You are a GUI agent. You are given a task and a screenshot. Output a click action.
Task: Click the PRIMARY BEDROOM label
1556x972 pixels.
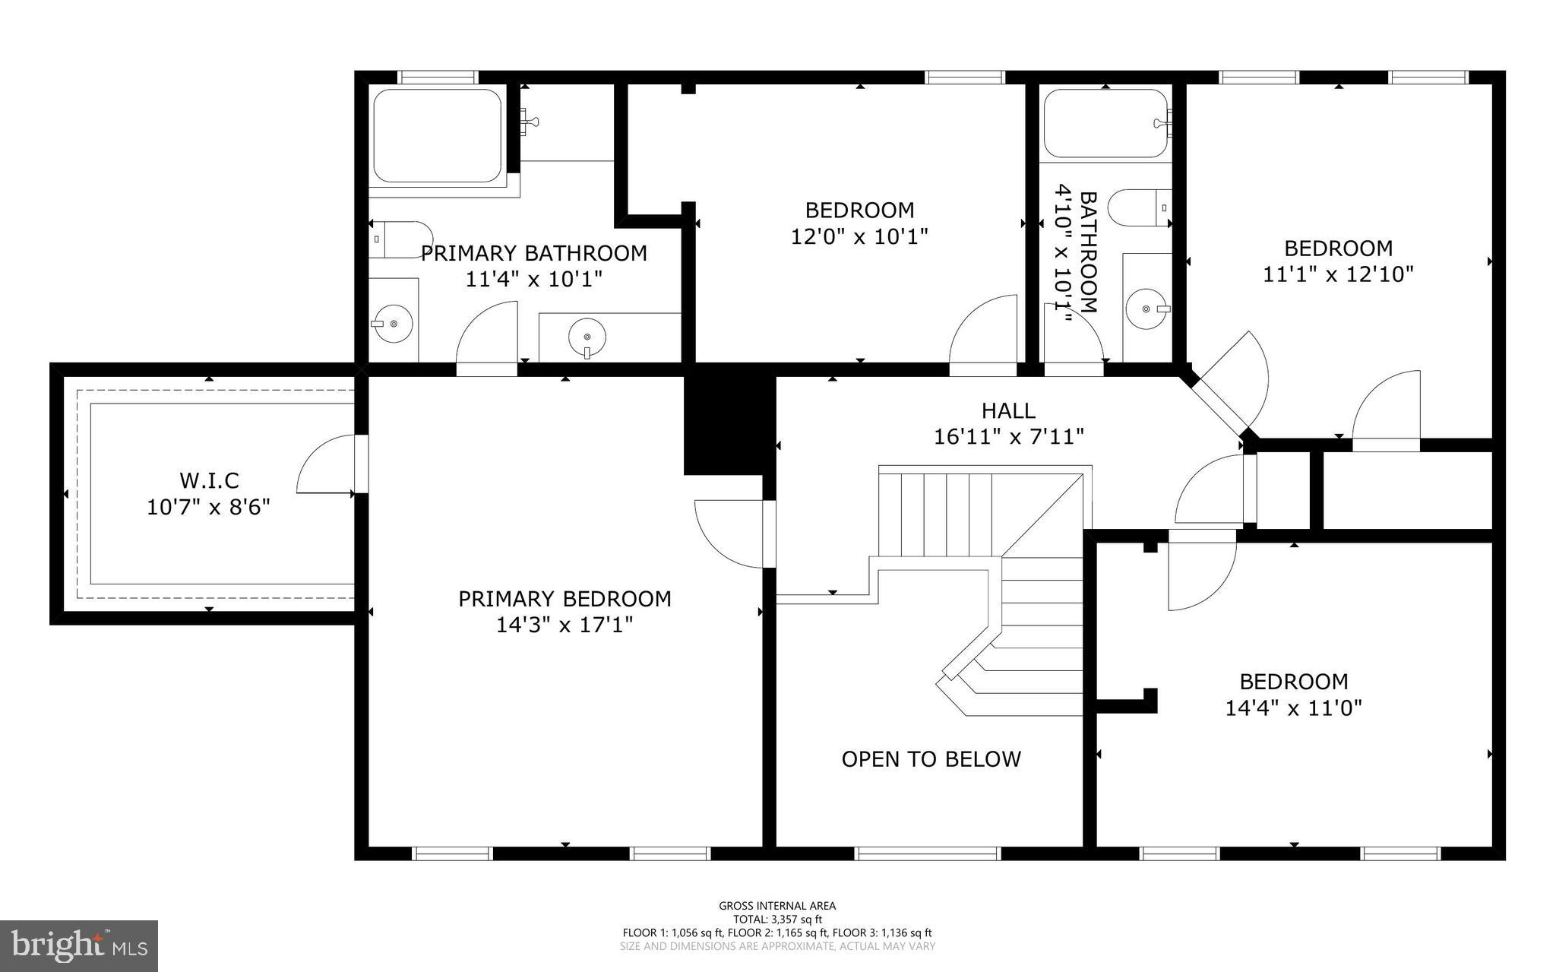click(x=565, y=599)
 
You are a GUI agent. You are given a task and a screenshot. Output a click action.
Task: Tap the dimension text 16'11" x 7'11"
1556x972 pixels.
click(x=1008, y=437)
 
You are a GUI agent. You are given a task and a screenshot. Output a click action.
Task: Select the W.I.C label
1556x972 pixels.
click(x=209, y=480)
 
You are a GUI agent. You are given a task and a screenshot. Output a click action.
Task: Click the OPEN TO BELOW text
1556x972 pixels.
click(x=931, y=759)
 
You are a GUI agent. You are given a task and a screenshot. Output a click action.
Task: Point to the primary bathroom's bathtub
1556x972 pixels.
click(x=438, y=135)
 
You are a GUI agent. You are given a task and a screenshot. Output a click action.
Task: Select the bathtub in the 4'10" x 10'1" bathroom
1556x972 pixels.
click(x=1105, y=123)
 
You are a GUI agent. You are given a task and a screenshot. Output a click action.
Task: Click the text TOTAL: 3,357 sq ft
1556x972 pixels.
click(x=777, y=919)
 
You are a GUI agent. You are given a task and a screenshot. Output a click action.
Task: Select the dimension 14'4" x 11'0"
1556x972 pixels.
click(x=1293, y=708)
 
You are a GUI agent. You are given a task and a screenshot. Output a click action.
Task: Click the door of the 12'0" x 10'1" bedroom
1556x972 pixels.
click(x=982, y=334)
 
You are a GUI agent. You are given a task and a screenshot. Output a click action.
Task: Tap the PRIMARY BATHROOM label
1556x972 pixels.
click(x=534, y=253)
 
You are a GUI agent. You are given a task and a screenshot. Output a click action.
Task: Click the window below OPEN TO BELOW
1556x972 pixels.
click(x=927, y=853)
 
